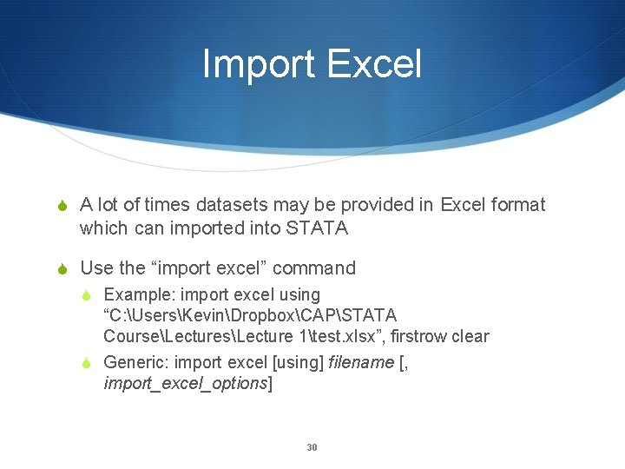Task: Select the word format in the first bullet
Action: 517,205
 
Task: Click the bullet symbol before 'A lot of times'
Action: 62,206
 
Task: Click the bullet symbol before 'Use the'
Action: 62,269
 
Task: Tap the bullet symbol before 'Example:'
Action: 90,295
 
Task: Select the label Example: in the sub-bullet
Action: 139,295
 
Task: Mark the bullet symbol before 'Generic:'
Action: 90,363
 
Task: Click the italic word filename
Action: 361,362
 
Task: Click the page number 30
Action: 312,447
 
